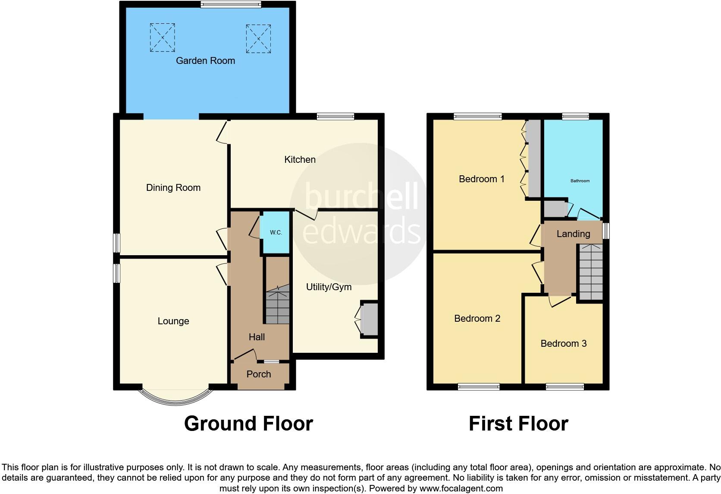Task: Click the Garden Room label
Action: pos(205,61)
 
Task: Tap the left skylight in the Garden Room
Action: pos(163,38)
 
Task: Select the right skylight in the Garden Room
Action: pos(258,38)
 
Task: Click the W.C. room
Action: pos(276,232)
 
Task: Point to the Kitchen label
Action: pos(300,160)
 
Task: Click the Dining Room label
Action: pos(173,188)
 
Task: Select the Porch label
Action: pos(259,374)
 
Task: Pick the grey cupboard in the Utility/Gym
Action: pos(370,319)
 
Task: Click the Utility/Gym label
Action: pos(329,287)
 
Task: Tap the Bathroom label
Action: pos(580,181)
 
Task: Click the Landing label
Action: pos(573,234)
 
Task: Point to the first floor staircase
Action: pos(590,272)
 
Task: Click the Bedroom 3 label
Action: pos(563,344)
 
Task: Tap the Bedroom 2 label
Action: pos(477,319)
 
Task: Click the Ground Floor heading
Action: pos(248,424)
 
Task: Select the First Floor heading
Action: pos(518,424)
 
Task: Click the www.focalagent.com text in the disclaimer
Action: pos(461,489)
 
